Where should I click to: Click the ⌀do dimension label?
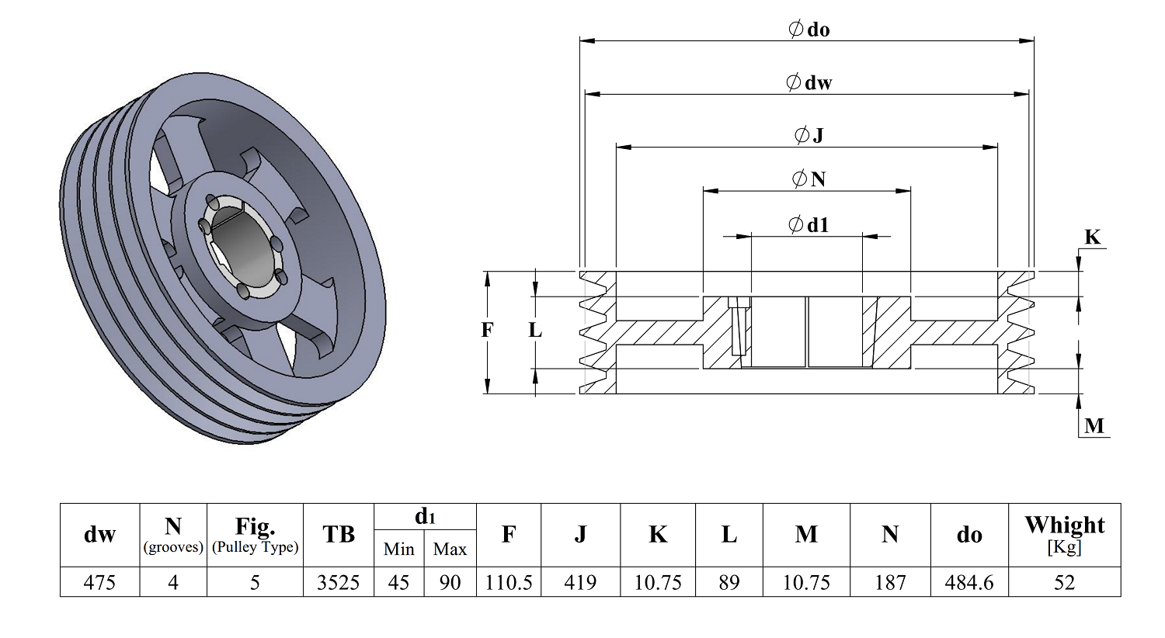pos(809,29)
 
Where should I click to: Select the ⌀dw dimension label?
pos(809,82)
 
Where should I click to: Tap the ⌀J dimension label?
pos(809,135)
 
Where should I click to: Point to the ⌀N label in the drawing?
pos(809,179)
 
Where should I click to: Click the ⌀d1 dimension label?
pos(809,225)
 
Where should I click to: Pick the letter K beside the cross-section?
pos(1092,238)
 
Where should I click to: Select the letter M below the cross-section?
pos(1094,426)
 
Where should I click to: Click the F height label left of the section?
pos(487,330)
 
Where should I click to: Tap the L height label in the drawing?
pos(535,330)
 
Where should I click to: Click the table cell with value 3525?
pos(338,582)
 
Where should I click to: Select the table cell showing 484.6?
pos(969,582)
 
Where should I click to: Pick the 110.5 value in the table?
pos(509,582)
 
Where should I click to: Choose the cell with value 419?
pos(580,582)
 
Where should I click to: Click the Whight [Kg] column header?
pos(1065,535)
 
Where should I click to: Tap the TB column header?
pos(338,534)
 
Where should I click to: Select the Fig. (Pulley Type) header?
pos(255,535)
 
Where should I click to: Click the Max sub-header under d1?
pos(450,549)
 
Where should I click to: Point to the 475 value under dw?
pos(99,582)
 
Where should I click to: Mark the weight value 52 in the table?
pos(1064,582)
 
